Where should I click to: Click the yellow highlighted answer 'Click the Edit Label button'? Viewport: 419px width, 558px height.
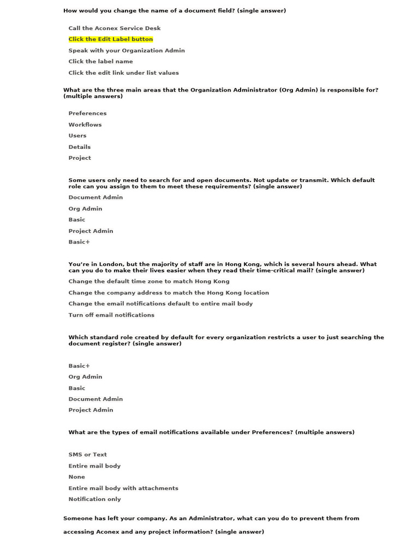(x=111, y=39)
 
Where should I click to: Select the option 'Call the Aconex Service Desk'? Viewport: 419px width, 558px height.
(x=115, y=28)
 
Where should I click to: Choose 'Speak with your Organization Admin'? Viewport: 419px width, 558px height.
(x=127, y=51)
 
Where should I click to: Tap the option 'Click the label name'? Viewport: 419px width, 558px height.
(x=100, y=62)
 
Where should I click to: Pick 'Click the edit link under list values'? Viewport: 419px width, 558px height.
(x=123, y=73)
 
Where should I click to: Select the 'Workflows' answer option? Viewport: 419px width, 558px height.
(x=85, y=125)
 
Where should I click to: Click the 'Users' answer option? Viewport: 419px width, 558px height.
(x=77, y=136)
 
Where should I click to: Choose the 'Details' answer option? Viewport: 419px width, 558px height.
(x=80, y=147)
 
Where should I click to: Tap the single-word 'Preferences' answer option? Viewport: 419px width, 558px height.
(x=87, y=113)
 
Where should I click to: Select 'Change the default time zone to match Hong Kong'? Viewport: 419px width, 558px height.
(x=149, y=282)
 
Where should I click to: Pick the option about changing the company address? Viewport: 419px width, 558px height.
(x=169, y=293)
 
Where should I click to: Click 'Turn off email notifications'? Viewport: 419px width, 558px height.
(x=111, y=315)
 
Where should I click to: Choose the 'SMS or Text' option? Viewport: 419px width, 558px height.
(x=88, y=454)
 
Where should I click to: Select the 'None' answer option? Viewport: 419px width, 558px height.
(x=77, y=477)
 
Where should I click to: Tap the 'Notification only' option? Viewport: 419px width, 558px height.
(x=95, y=499)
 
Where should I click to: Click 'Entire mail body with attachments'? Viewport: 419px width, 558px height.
(x=123, y=488)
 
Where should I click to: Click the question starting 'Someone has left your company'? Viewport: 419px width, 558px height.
(x=211, y=518)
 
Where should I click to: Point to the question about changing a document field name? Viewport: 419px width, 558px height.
(x=175, y=10)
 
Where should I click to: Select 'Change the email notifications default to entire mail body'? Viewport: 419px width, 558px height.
(x=160, y=304)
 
